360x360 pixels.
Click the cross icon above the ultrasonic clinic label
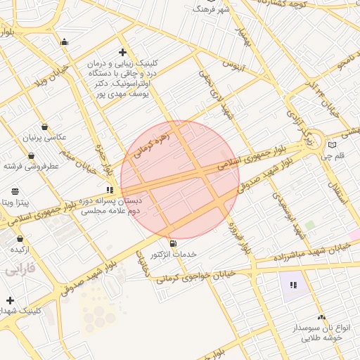coord(123,53)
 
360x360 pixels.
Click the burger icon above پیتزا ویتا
coord(15,191)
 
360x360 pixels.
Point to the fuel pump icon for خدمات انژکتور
coord(174,243)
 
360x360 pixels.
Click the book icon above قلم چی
coord(332,145)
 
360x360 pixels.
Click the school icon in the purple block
coord(293,285)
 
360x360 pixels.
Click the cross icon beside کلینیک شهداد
coord(10,300)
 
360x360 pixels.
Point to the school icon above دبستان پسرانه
coord(110,190)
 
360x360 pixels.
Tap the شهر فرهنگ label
coord(210,9)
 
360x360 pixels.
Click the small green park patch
coord(309,226)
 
